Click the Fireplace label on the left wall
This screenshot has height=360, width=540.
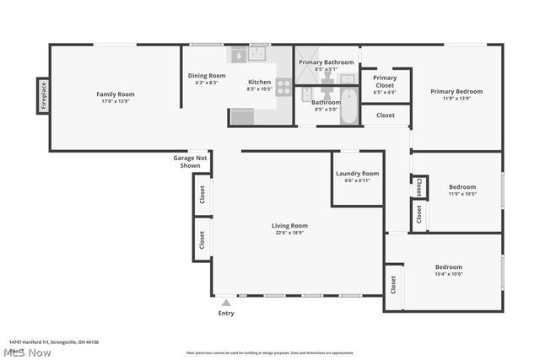[x=43, y=94]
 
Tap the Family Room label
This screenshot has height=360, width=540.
[x=115, y=94]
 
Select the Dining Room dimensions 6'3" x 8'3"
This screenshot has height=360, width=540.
[x=206, y=83]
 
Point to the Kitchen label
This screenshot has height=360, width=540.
[x=259, y=82]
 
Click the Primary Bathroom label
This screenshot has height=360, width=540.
[x=327, y=62]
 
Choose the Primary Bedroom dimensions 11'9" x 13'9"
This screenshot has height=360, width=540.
[x=456, y=98]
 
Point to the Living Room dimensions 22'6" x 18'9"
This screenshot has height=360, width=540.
[x=289, y=233]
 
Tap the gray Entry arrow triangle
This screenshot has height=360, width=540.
[x=225, y=301]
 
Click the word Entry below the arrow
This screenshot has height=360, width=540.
[x=226, y=314]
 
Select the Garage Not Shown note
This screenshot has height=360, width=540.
[x=190, y=161]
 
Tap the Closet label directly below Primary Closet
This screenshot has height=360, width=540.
[x=386, y=116]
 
